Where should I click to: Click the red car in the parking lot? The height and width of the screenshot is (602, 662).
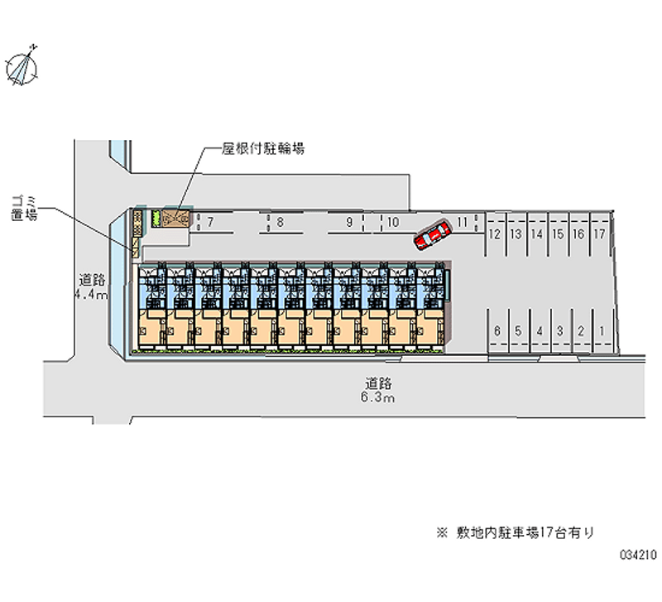pos(432,234)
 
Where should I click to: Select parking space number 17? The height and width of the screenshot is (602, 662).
pos(600,234)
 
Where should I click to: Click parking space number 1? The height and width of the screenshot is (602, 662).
pos(601,331)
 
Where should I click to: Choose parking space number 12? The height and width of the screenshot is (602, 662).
pos(494,234)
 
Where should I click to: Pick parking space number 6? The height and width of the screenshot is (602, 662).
pos(496,331)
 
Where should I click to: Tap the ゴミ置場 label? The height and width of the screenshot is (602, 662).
pos(25,208)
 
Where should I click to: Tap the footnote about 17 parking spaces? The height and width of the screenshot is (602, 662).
pos(516,533)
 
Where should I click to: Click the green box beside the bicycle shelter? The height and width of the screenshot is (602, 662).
pos(154,219)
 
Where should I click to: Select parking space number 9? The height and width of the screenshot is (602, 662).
pos(350,222)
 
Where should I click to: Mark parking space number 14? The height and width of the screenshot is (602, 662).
pos(536,234)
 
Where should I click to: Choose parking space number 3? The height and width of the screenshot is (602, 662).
pos(559,331)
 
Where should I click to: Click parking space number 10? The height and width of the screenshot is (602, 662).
pos(393,222)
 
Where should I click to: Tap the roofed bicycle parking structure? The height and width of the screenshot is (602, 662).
pos(175,219)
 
